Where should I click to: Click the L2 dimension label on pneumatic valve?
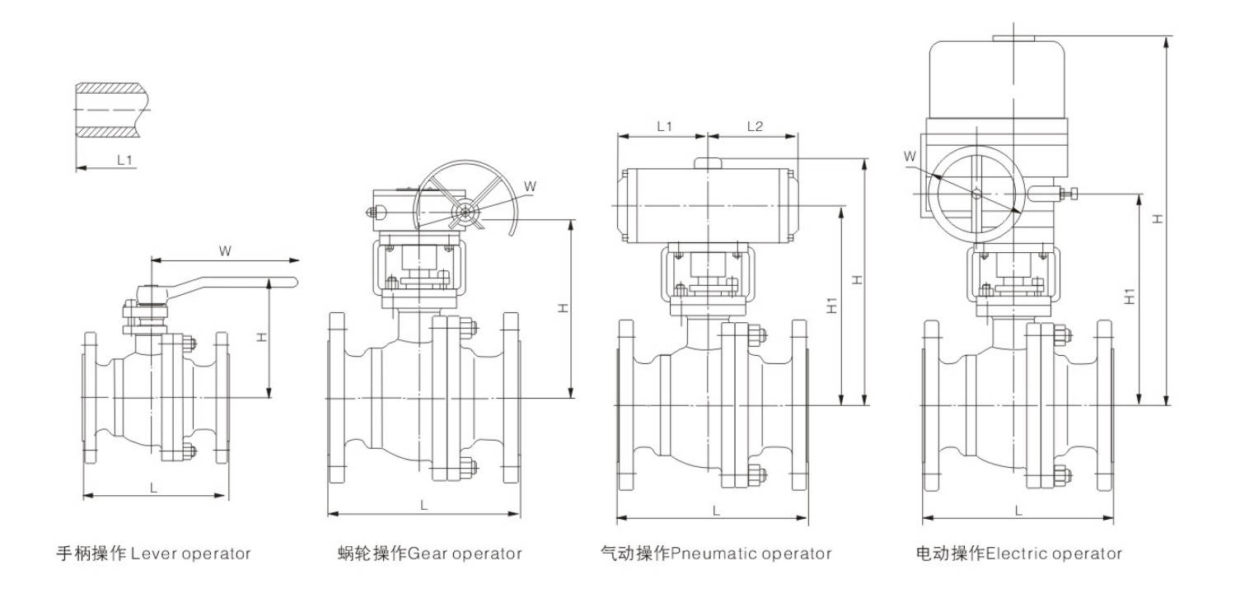click(755, 126)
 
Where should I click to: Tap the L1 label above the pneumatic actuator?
click(664, 126)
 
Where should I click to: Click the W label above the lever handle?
click(224, 250)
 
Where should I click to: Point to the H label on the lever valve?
click(260, 337)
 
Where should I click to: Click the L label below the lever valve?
click(154, 487)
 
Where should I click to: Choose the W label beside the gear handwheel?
click(530, 186)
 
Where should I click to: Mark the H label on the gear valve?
click(563, 307)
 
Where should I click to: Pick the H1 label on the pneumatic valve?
click(831, 305)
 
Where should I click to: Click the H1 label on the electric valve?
click(1130, 297)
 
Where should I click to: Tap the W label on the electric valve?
click(910, 156)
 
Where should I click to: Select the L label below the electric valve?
click(1018, 511)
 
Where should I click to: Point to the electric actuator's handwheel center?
click(976, 194)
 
